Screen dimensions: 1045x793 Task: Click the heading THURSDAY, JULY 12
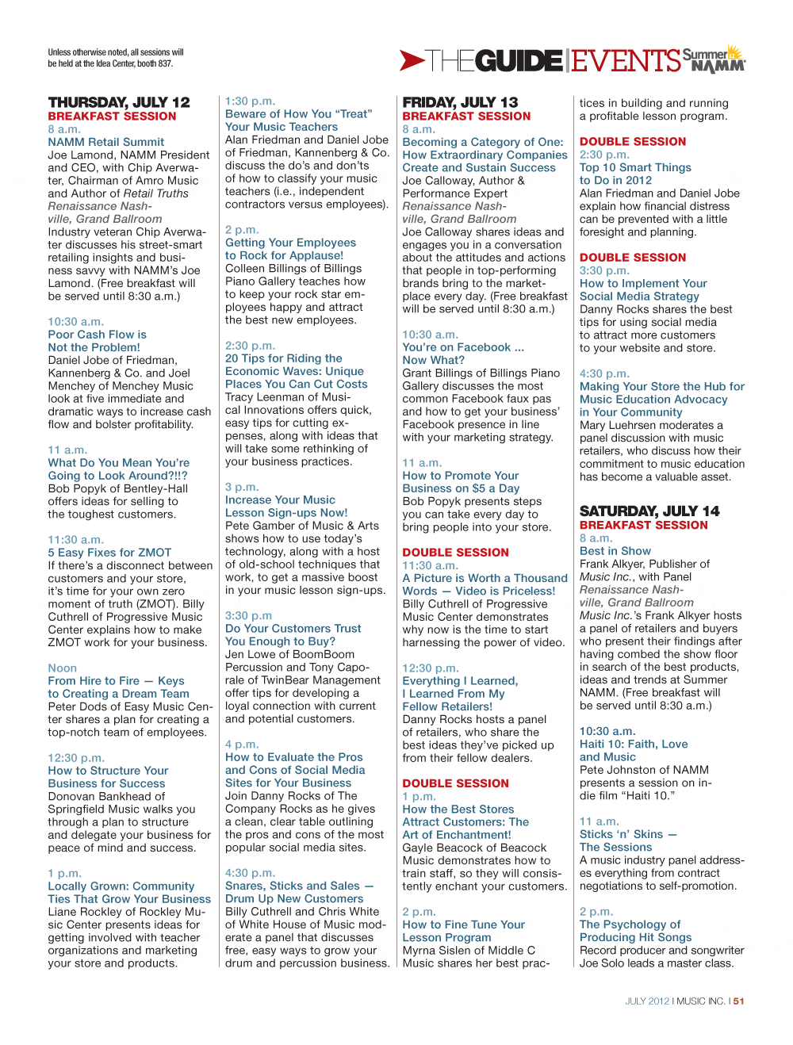(x=119, y=102)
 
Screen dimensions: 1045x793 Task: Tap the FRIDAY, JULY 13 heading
(x=460, y=102)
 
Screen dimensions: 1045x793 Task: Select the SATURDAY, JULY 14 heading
(x=649, y=511)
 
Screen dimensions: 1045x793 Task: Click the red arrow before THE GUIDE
(x=412, y=60)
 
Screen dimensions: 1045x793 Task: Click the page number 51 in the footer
(x=738, y=1001)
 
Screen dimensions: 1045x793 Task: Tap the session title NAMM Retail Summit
(x=105, y=142)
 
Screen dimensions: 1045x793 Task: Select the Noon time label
(x=62, y=668)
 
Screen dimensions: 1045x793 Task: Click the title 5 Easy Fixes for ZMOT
(x=109, y=553)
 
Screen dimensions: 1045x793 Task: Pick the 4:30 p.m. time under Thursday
(x=250, y=873)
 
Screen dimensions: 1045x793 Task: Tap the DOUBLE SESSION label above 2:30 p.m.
(x=633, y=142)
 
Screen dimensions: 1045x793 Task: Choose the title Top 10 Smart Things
(x=635, y=167)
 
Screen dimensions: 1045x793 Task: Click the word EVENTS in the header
(x=626, y=61)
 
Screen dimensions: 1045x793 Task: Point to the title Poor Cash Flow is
(x=97, y=335)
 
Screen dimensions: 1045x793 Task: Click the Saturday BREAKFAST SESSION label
(x=643, y=525)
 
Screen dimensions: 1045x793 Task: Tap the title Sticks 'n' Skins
(x=627, y=834)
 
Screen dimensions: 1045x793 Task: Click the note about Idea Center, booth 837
(x=115, y=58)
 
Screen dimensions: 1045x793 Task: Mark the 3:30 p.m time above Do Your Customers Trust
(x=248, y=615)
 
